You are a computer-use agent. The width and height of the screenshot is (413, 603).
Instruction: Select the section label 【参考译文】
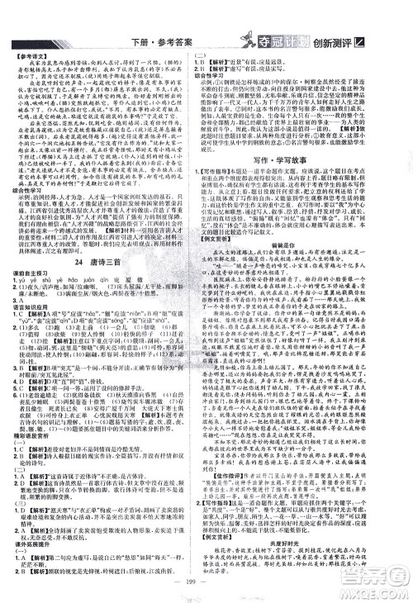click(x=30, y=55)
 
